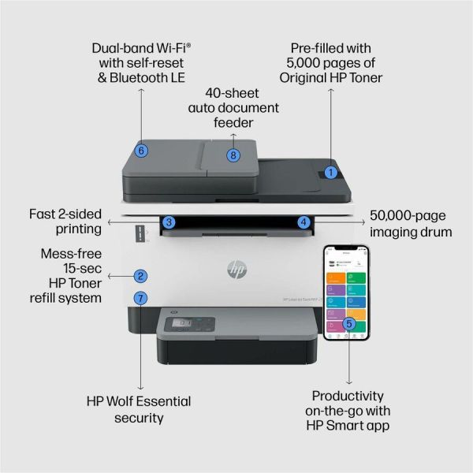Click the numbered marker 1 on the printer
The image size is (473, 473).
point(331,171)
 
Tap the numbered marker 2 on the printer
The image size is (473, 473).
point(140,276)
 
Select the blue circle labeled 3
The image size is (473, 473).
point(169,223)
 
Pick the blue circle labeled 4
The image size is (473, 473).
point(303,223)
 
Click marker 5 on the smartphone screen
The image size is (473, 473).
point(349,323)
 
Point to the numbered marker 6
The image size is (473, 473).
point(141,150)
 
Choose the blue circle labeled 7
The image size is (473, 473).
point(140,299)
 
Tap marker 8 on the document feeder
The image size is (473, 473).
point(233,155)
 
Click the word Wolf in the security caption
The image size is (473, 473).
point(143,401)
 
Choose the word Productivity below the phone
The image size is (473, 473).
point(348,396)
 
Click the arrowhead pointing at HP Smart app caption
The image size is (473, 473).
point(349,382)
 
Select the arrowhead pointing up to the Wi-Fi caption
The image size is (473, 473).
point(141,91)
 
